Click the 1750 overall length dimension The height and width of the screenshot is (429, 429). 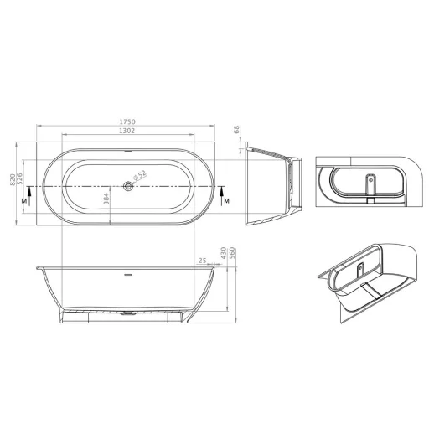(x=127, y=121)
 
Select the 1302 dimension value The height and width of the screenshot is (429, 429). (x=127, y=131)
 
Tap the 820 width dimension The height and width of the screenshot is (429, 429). (x=13, y=179)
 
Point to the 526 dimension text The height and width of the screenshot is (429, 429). (x=19, y=178)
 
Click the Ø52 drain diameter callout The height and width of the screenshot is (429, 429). (x=140, y=175)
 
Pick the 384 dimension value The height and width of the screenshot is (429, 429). (x=106, y=199)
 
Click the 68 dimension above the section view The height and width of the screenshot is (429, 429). (x=236, y=130)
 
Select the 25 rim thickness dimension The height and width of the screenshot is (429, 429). (x=202, y=261)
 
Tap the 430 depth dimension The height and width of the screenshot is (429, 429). (x=224, y=253)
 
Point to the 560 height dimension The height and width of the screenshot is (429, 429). (x=233, y=253)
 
